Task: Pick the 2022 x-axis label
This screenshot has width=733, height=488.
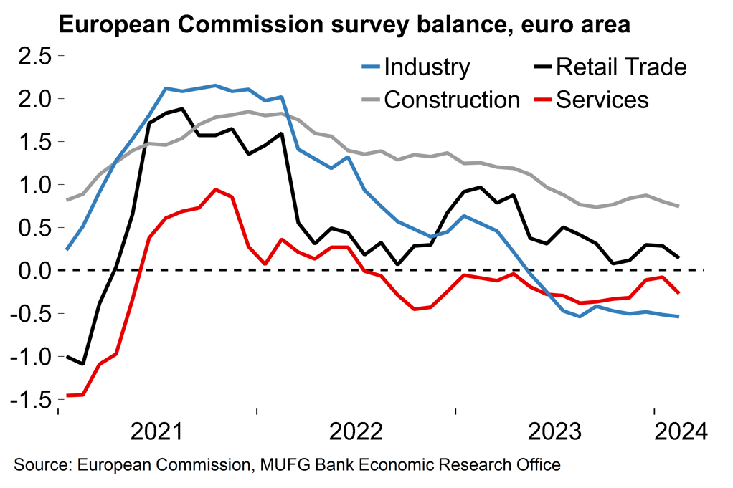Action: click(x=356, y=432)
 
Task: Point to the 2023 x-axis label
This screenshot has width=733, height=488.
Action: click(x=555, y=432)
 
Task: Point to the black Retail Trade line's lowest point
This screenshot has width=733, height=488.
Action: click(x=83, y=364)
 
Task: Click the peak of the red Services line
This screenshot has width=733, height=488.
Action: click(x=215, y=190)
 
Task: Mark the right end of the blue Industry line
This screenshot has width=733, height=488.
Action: click(x=678, y=317)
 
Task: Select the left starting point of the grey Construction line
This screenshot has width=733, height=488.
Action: click(x=67, y=200)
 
